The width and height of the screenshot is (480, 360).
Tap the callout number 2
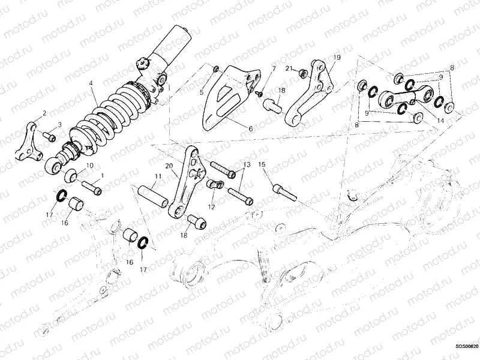[44, 113]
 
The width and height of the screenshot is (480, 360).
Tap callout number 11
[157, 176]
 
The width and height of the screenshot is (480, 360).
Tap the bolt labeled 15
[283, 191]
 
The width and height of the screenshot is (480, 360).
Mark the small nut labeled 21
[304, 74]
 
